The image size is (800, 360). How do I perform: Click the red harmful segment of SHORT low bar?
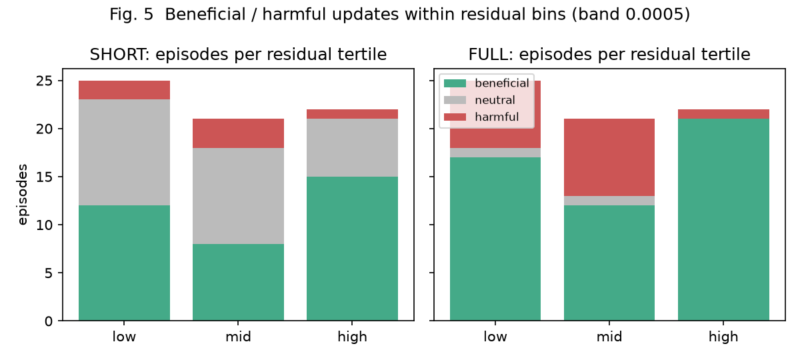pyautogui.click(x=124, y=90)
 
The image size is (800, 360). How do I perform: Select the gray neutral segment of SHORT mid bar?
pyautogui.click(x=238, y=196)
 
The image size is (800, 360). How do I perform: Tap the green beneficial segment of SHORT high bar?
pyautogui.click(x=352, y=249)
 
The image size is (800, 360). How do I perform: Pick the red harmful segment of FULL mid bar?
pyautogui.click(x=609, y=157)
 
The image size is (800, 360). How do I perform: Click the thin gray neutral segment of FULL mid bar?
pyautogui.click(x=609, y=201)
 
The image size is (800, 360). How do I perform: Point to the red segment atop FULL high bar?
pyautogui.click(x=723, y=114)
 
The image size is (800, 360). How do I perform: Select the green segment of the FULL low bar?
pyautogui.click(x=495, y=239)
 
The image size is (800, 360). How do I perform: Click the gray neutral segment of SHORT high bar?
pyautogui.click(x=352, y=148)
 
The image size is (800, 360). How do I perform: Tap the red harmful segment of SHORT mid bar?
pyautogui.click(x=238, y=133)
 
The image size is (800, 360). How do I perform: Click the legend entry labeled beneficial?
pyautogui.click(x=487, y=83)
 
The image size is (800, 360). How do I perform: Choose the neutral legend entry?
pyautogui.click(x=479, y=100)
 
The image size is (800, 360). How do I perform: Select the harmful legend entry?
pyautogui.click(x=481, y=117)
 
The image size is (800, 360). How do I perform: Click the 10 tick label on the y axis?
pyautogui.click(x=44, y=225)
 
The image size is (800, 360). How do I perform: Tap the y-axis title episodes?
pyautogui.click(x=23, y=195)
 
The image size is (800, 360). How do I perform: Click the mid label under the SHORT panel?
pyautogui.click(x=238, y=337)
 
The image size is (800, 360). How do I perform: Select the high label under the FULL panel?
pyautogui.click(x=723, y=337)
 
